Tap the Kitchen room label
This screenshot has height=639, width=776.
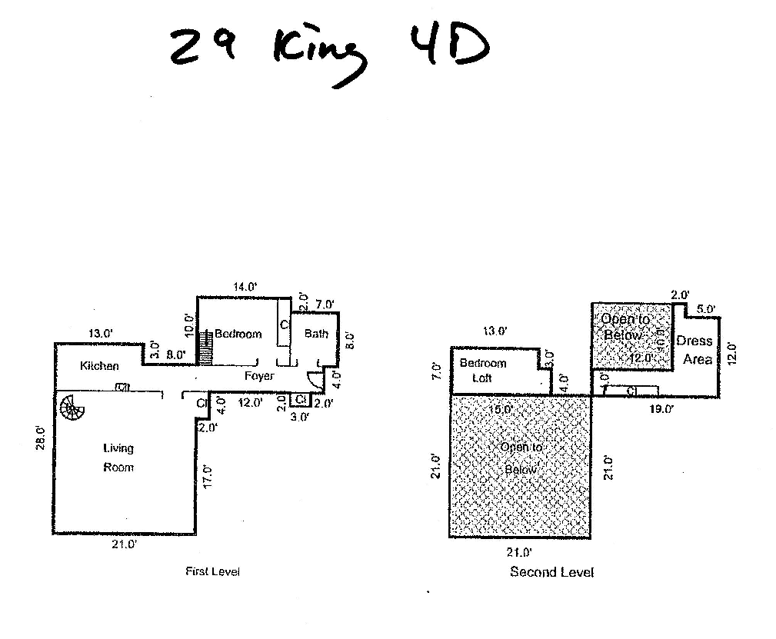tap(99, 366)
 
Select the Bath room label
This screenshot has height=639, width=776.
tap(316, 334)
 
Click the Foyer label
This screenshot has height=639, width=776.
tap(259, 376)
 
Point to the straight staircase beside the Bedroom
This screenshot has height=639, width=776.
tap(205, 348)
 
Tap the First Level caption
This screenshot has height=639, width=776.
tap(213, 571)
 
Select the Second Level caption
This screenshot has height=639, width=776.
tap(551, 572)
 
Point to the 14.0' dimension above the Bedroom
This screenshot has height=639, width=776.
tap(245, 287)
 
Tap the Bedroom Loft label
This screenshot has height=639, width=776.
tap(482, 371)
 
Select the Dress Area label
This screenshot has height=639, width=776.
tap(694, 350)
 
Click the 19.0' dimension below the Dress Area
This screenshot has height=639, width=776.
tap(661, 409)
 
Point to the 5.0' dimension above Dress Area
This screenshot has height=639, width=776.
tap(705, 309)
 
